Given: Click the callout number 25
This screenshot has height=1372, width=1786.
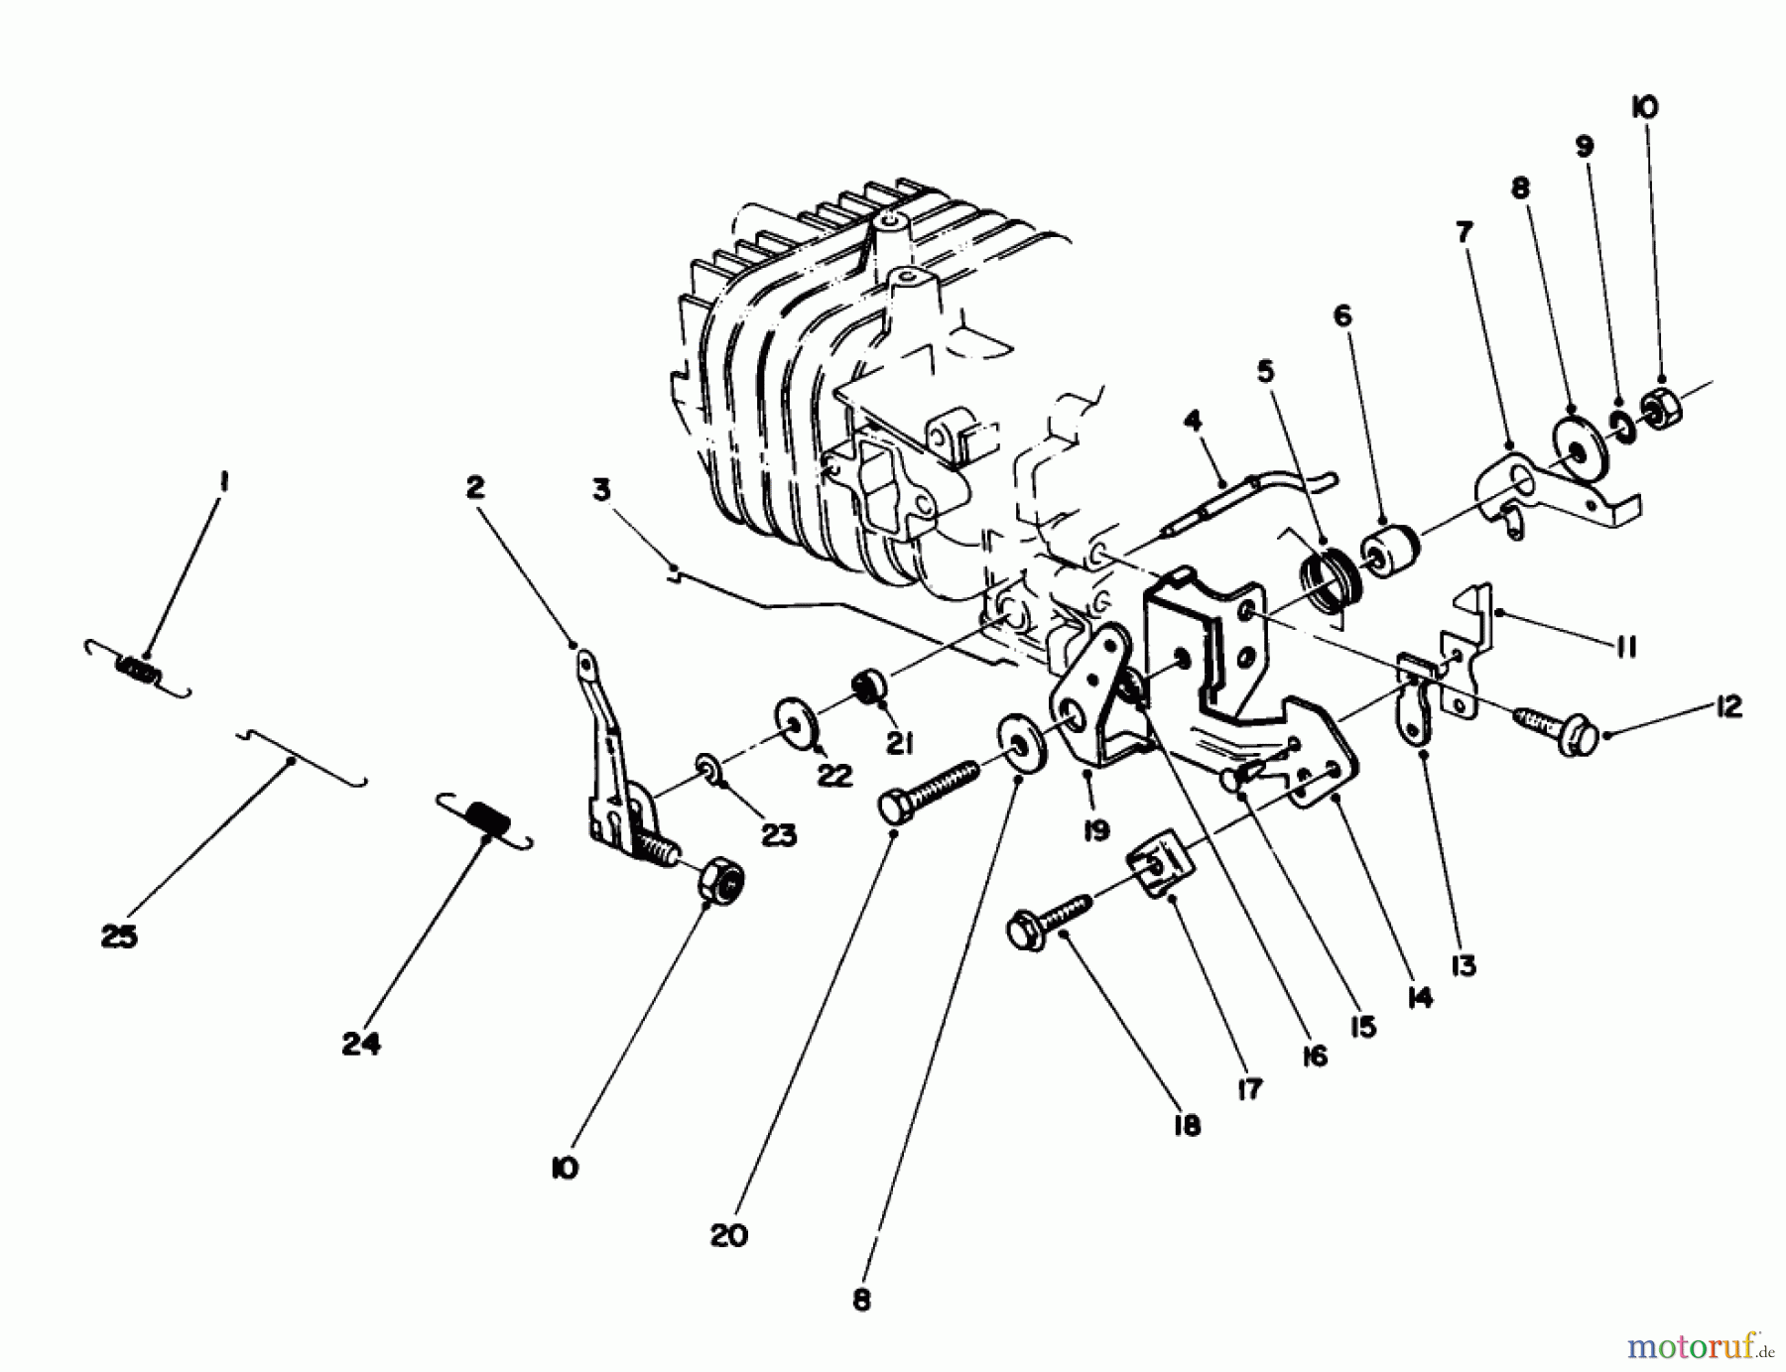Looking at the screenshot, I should [119, 935].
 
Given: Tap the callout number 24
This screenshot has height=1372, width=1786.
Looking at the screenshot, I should [361, 1044].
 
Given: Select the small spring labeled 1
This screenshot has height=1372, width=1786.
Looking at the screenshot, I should [139, 671].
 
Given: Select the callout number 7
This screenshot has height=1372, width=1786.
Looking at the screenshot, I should [1465, 232].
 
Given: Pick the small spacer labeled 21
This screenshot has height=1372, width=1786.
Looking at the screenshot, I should [869, 686].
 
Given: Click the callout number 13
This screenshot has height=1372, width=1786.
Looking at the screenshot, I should [1463, 964].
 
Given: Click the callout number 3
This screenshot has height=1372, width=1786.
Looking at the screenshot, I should [601, 490].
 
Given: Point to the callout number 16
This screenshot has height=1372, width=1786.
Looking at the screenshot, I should [1314, 1056].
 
